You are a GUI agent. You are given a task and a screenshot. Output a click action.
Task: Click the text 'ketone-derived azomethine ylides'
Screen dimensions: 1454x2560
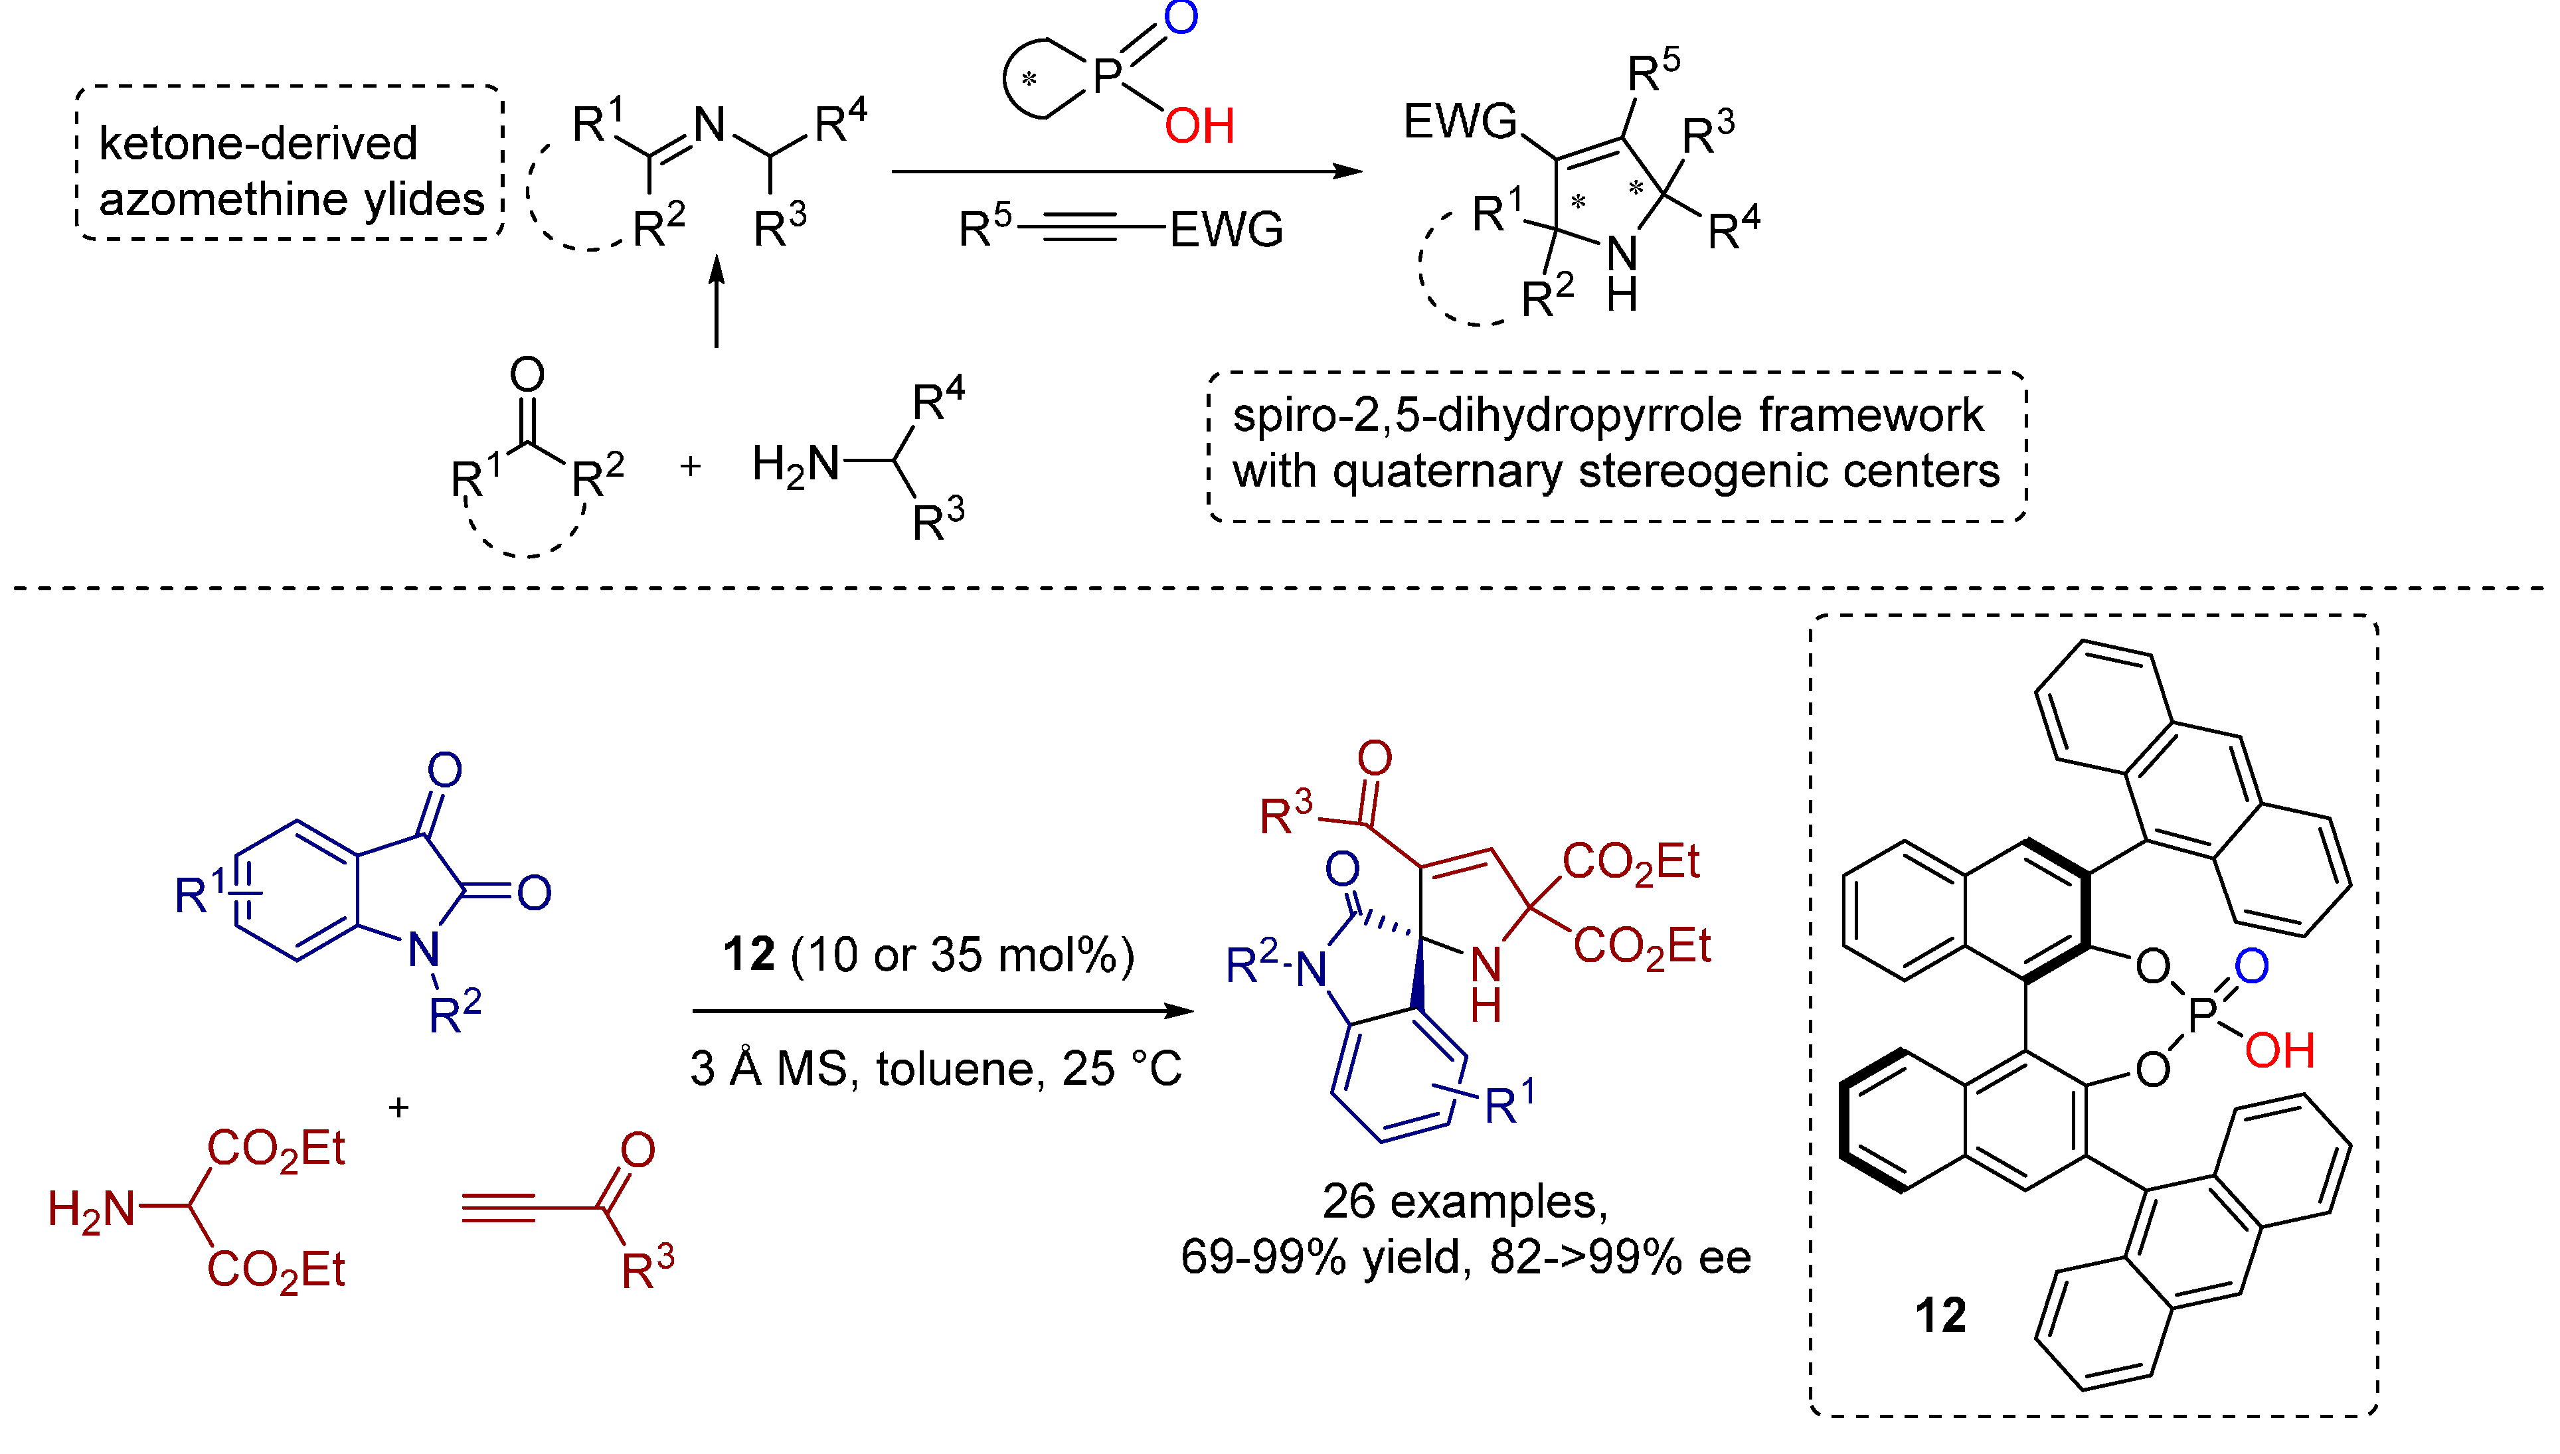tap(290, 171)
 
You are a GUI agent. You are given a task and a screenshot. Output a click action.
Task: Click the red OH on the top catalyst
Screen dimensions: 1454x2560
tap(1199, 127)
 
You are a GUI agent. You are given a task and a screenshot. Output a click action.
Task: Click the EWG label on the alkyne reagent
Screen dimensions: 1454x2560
tap(1226, 230)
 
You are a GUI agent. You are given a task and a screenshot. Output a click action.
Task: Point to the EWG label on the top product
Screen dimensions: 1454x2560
tap(1459, 122)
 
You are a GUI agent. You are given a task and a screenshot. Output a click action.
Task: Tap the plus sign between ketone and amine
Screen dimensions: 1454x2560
tap(690, 466)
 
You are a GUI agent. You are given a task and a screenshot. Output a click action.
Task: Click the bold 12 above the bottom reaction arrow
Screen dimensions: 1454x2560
tap(749, 955)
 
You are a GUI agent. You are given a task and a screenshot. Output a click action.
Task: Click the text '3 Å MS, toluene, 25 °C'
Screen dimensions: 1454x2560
tap(936, 1068)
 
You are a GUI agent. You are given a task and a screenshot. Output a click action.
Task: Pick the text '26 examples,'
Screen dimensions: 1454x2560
tap(1464, 1200)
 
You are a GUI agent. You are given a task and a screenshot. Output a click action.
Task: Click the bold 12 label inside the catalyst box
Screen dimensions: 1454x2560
tap(1940, 1315)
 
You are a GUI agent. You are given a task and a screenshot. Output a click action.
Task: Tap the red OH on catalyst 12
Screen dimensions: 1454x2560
tap(2278, 1050)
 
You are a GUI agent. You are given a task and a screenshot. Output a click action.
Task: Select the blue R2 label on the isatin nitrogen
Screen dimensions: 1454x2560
tap(454, 1012)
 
